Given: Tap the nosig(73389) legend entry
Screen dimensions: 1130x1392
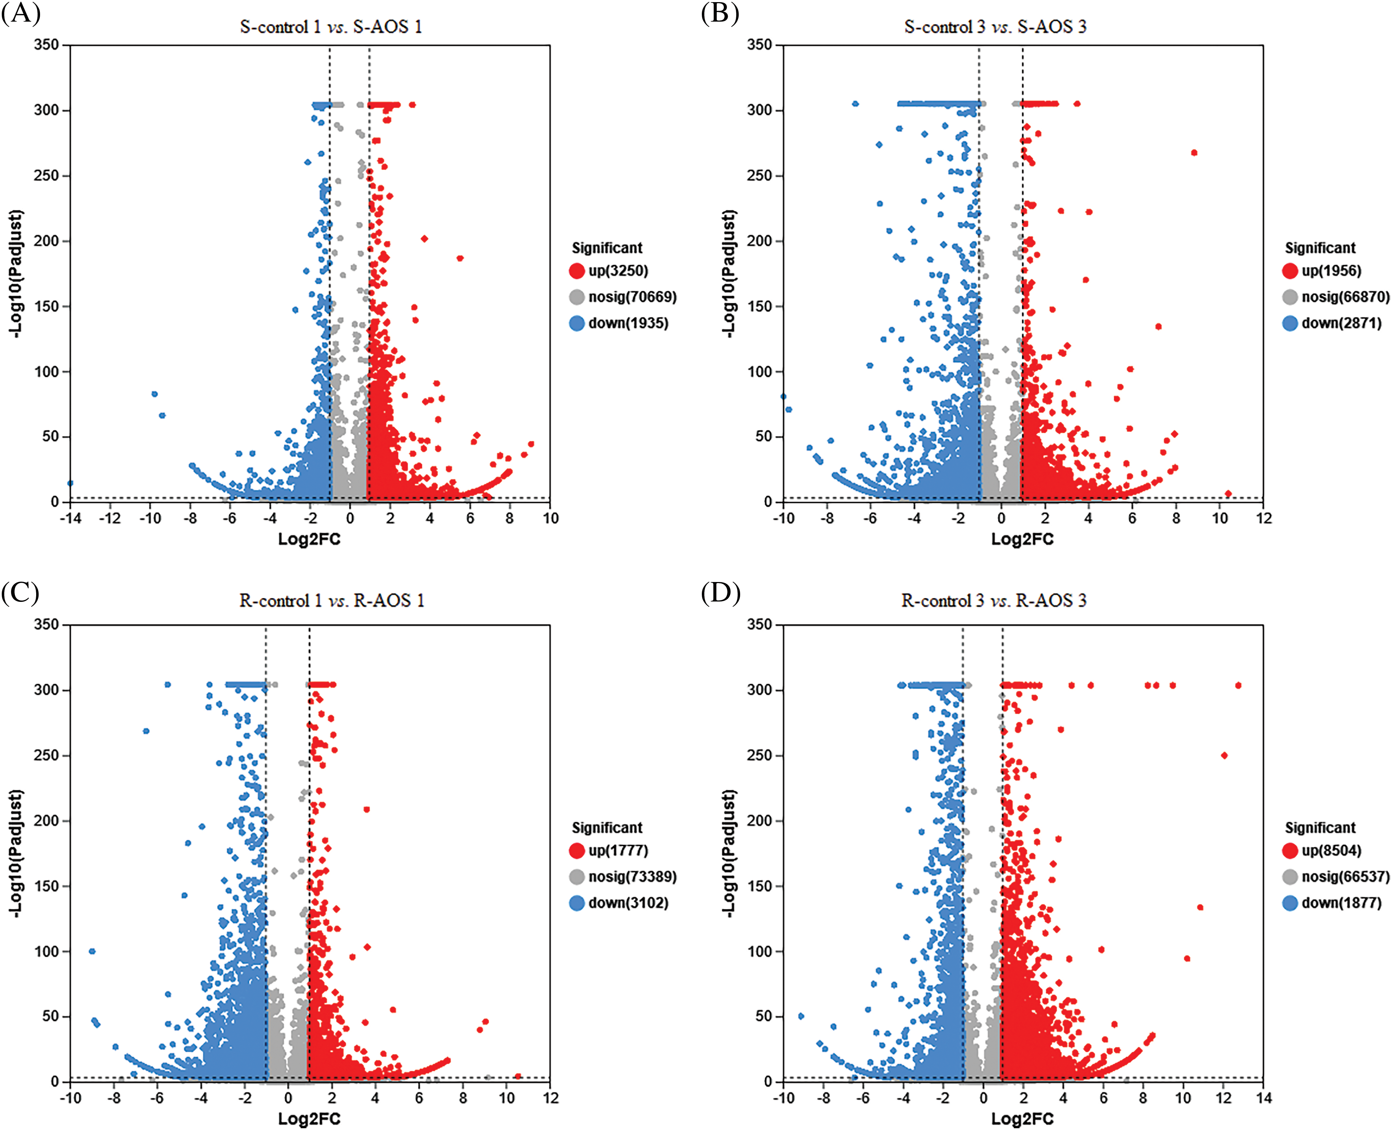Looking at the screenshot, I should click(x=632, y=877).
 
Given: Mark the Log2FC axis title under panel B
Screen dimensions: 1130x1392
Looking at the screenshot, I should click(x=1022, y=539).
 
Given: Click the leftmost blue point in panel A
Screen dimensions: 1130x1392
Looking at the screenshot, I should click(x=70, y=483).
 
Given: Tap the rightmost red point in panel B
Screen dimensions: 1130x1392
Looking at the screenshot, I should click(x=1228, y=493).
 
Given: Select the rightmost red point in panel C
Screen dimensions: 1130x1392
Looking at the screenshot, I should click(x=518, y=1076).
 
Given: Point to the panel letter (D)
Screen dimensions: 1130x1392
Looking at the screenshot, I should click(x=720, y=593).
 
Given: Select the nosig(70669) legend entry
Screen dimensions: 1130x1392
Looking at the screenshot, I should click(x=632, y=297).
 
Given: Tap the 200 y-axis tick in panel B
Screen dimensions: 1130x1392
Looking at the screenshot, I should click(x=760, y=241).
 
